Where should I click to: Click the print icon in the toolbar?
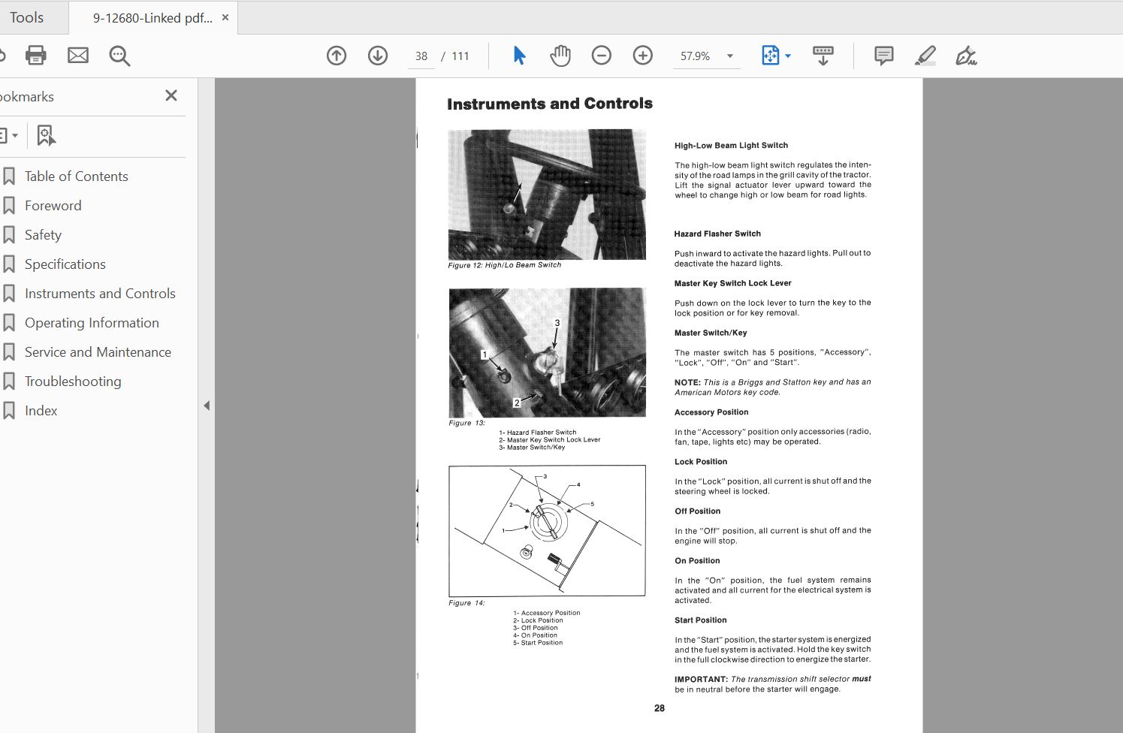tap(35, 56)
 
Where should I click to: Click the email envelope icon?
tap(78, 56)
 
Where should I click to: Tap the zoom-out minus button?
tap(601, 56)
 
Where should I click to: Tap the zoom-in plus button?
tap(642, 56)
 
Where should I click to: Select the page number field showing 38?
tap(421, 56)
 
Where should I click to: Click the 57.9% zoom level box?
tap(696, 56)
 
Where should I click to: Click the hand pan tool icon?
tap(560, 56)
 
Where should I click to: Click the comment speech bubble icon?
tap(883, 56)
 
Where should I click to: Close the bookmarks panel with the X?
tap(171, 95)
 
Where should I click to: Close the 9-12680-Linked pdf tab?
tap(225, 17)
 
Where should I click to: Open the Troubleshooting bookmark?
tap(73, 382)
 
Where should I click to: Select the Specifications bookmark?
tap(65, 264)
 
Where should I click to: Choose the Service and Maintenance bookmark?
tap(98, 352)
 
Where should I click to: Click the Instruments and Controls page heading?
tap(549, 104)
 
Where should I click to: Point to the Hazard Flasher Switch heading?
tap(717, 234)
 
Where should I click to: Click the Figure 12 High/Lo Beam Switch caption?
tap(504, 265)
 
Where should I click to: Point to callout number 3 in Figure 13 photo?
tap(557, 323)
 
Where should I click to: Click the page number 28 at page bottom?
tap(660, 708)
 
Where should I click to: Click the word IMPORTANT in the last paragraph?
tap(700, 679)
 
